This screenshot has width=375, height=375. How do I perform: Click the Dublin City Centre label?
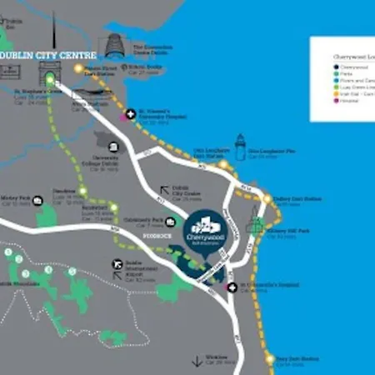click(44, 56)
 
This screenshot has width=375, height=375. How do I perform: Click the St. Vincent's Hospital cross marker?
click(129, 113)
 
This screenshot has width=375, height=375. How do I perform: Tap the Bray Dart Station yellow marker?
click(269, 358)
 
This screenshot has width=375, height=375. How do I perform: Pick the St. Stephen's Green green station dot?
click(50, 80)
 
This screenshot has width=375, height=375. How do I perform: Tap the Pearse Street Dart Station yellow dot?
click(80, 68)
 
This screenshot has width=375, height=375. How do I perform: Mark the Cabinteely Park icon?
click(170, 221)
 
